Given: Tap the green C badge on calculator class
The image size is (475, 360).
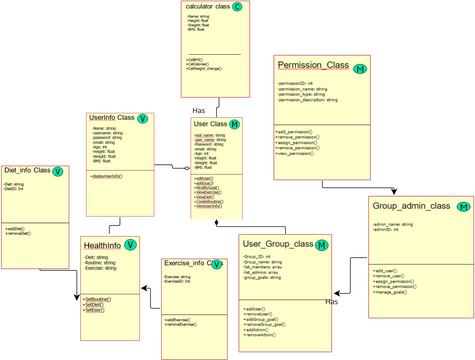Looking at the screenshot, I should point(237,7).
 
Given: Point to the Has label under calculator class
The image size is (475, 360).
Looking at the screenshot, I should point(199,110).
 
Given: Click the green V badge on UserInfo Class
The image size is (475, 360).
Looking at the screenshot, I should point(143,118).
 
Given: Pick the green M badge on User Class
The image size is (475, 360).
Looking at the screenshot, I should point(235,124).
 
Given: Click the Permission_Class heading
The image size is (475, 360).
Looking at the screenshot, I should point(313,66).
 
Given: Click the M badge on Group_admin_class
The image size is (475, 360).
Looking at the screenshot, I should point(462,207).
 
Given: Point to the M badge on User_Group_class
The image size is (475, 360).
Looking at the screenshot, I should point(323,245).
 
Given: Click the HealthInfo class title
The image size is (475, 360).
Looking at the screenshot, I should point(102,245).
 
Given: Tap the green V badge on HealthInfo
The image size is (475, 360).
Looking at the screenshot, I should point(131,245).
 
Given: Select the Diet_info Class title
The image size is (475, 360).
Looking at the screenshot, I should point(27,170).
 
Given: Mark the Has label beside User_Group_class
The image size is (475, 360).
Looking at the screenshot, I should point(332,301).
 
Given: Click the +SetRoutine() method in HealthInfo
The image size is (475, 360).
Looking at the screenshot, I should point(97,299).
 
